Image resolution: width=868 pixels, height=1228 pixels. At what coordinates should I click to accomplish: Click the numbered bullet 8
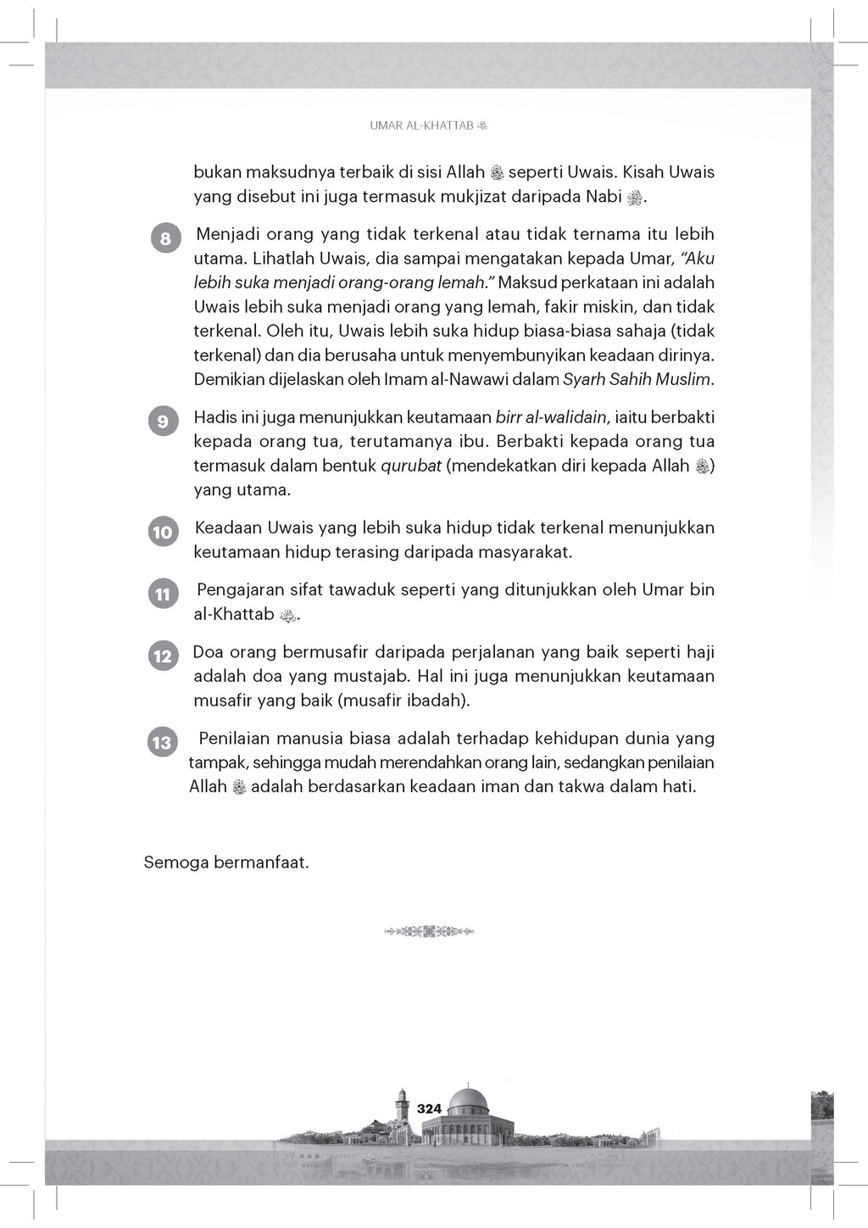[x=165, y=238]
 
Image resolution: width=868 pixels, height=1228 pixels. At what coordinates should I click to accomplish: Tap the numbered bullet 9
[x=163, y=421]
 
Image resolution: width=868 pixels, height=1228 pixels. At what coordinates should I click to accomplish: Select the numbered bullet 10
[x=162, y=533]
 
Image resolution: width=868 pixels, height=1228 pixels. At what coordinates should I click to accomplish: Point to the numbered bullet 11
[x=163, y=594]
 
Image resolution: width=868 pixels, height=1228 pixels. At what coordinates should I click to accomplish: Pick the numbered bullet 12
[x=162, y=656]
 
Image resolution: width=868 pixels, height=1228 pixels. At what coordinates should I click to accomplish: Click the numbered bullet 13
[x=161, y=743]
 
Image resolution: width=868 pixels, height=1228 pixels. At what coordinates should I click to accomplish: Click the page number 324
[x=430, y=1108]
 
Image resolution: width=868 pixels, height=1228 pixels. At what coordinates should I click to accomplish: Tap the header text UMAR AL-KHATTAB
[x=422, y=126]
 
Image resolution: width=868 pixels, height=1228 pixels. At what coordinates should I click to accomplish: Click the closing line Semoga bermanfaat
[x=226, y=863]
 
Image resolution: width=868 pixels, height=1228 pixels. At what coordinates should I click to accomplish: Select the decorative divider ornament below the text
[x=433, y=931]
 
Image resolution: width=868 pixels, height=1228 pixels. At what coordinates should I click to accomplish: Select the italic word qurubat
[x=411, y=466]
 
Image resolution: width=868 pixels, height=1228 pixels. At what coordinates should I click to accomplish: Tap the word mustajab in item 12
[x=423, y=676]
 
